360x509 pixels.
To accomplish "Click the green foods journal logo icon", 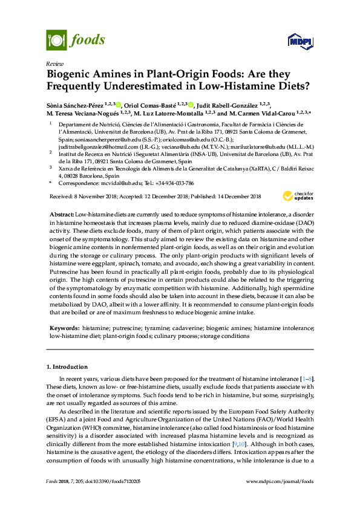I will click(x=56, y=40).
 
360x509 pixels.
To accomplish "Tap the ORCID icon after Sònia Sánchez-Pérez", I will click(x=118, y=104).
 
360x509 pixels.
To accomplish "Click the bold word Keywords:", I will click(x=65, y=327).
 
